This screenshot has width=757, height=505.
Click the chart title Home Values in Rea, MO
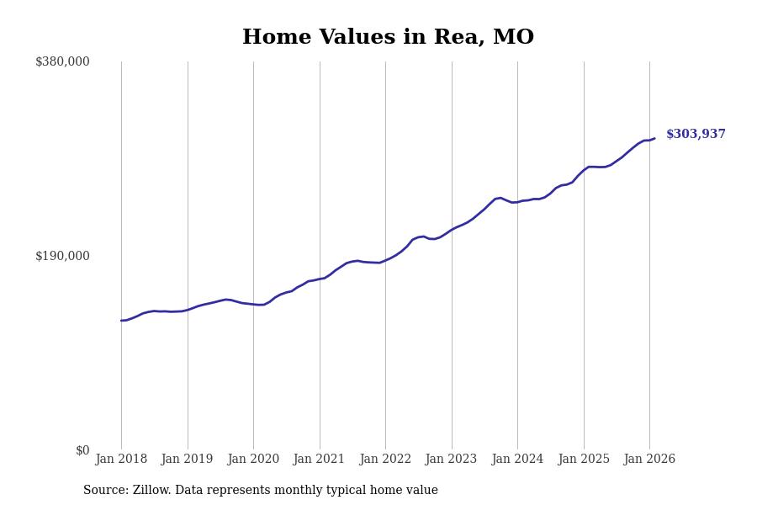coord(388,38)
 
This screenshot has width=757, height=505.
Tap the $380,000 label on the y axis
coord(62,61)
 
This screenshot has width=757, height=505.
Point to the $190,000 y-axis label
coord(62,256)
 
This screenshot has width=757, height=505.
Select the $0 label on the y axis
coord(82,450)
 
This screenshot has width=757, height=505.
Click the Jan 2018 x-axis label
coord(121,460)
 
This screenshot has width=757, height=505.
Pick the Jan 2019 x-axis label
coord(187,460)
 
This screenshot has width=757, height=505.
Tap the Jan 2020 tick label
coord(253,460)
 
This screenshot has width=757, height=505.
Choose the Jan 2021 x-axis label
coord(319,460)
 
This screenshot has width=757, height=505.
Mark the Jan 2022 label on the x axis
coord(385,460)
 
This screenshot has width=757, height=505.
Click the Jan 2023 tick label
coord(451,460)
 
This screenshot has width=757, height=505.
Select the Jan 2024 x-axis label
coord(517,460)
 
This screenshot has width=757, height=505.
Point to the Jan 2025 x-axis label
coord(583,460)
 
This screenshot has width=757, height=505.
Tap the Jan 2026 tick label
coord(649,460)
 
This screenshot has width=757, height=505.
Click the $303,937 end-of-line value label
coord(696,135)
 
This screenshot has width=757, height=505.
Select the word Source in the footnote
coord(105,491)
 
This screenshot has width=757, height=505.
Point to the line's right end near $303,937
coord(654,139)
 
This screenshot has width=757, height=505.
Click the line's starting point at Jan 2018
coord(121,321)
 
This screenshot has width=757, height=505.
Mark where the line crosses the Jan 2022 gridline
coord(385,260)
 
